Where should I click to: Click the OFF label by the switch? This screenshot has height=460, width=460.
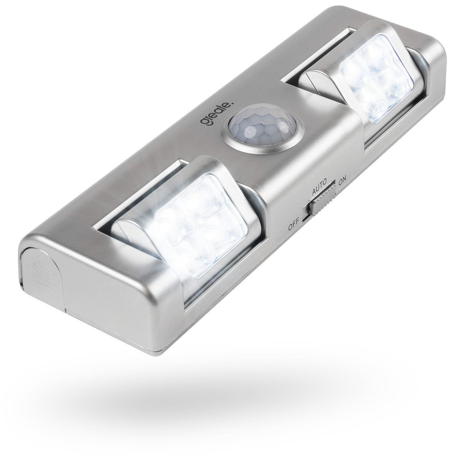[294, 227]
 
